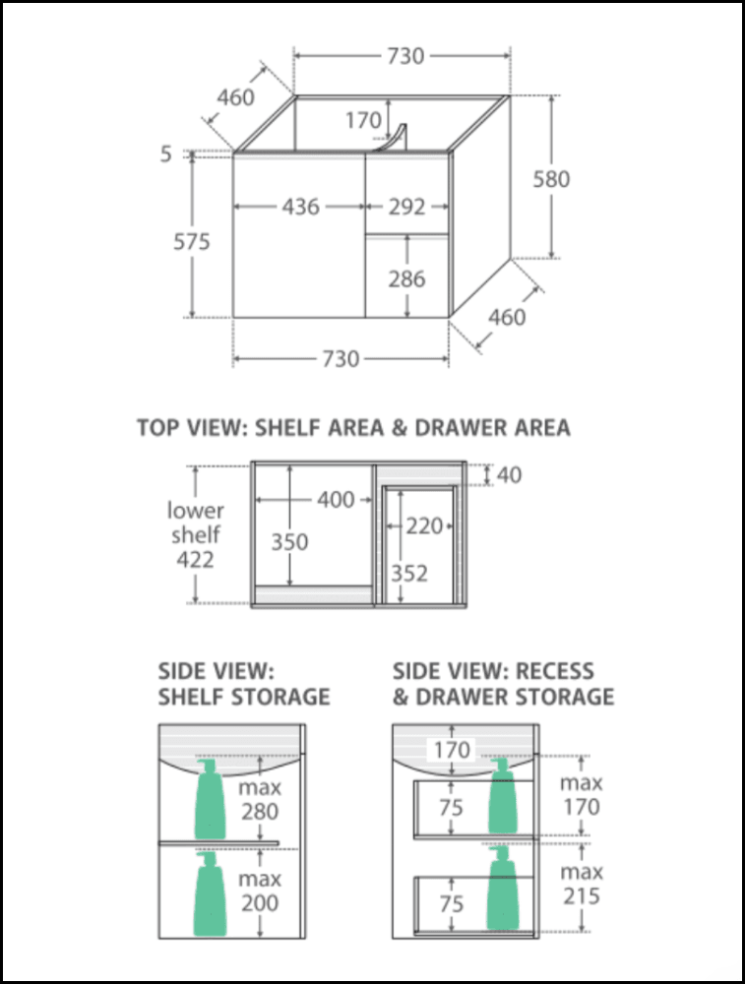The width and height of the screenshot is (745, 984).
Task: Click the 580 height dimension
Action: click(x=551, y=179)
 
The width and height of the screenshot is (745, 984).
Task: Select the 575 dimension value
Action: click(x=192, y=242)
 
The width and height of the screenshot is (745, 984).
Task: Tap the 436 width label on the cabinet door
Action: click(x=300, y=207)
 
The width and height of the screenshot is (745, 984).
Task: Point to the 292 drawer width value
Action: click(x=406, y=207)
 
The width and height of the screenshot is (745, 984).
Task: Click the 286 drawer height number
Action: click(x=406, y=278)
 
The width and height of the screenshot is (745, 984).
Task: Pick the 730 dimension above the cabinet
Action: click(x=405, y=56)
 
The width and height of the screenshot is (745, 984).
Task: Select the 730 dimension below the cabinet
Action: click(x=341, y=359)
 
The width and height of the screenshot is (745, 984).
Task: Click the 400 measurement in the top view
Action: click(x=336, y=500)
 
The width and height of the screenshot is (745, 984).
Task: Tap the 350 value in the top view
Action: click(x=289, y=541)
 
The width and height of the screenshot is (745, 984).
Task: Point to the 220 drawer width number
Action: click(x=424, y=525)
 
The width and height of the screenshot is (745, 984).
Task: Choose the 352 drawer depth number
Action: click(x=409, y=573)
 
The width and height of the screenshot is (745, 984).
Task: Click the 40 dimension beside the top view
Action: click(x=509, y=475)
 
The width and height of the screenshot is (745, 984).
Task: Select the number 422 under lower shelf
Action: click(x=195, y=559)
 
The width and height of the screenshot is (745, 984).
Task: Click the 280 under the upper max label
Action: click(x=260, y=812)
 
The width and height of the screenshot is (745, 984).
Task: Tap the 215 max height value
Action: click(x=582, y=896)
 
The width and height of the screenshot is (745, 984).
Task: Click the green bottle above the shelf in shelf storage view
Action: click(x=210, y=799)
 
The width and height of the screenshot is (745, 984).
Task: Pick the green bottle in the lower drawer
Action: click(x=503, y=888)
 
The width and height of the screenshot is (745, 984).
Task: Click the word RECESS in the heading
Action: click(x=554, y=671)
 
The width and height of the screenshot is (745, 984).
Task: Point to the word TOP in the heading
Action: click(x=157, y=428)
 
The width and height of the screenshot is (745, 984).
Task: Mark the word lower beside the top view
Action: click(x=195, y=510)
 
